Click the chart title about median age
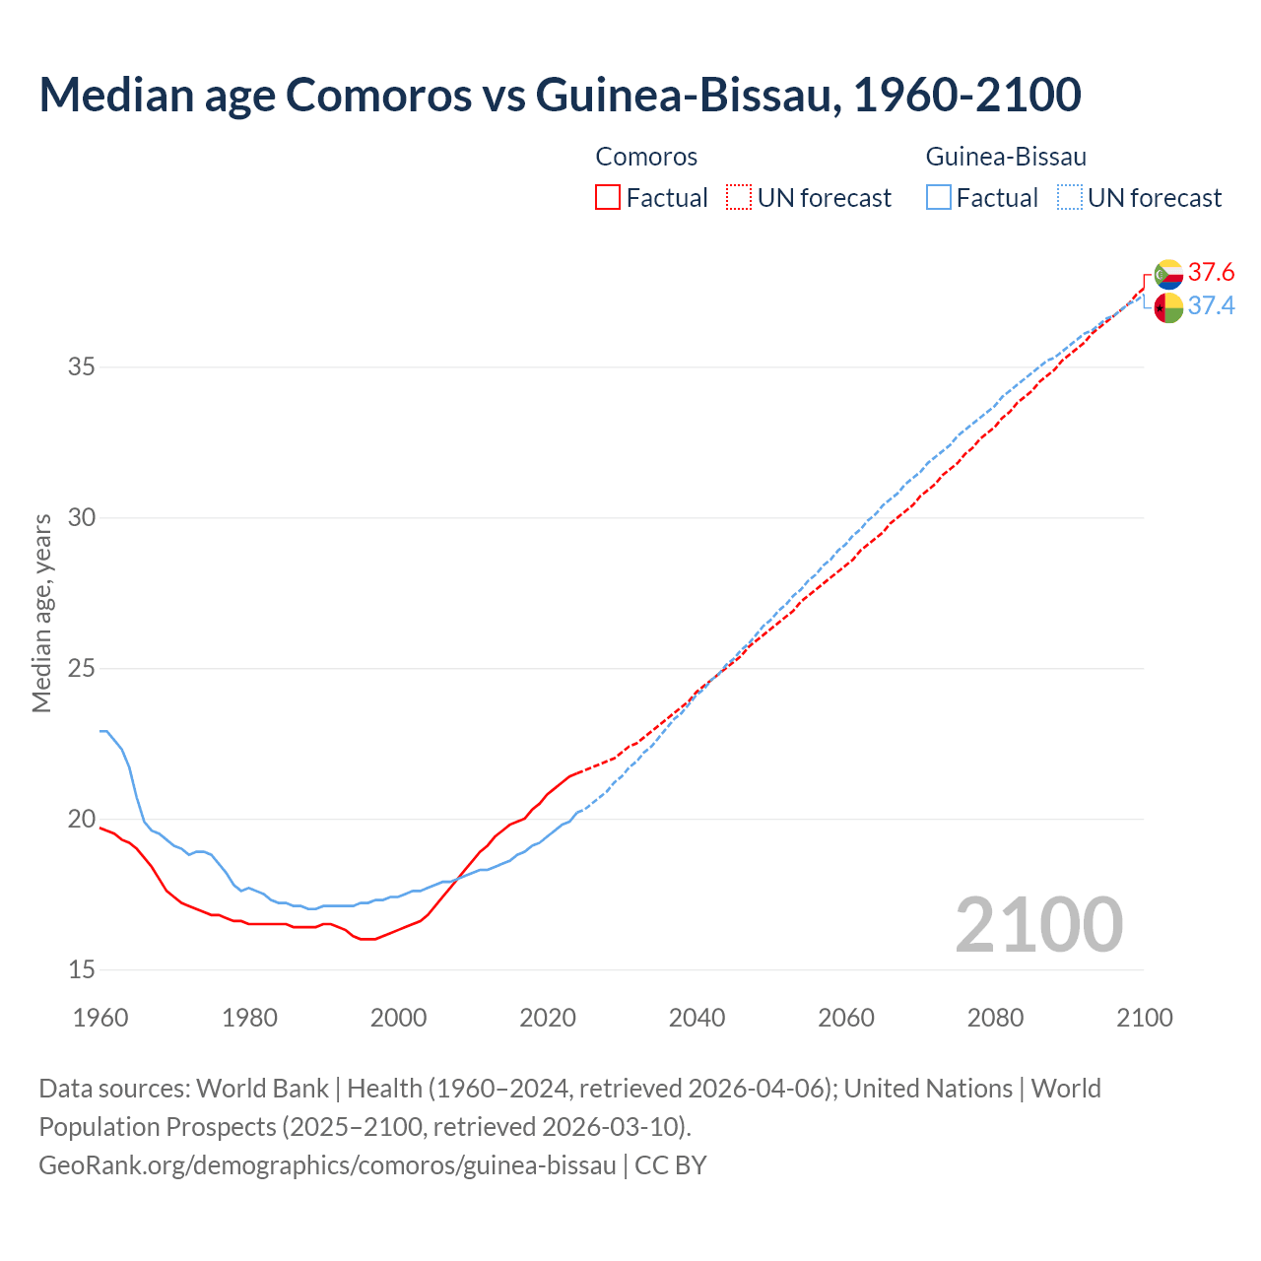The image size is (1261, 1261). (560, 95)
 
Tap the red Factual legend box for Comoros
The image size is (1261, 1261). (608, 198)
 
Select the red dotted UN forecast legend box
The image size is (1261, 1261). (739, 198)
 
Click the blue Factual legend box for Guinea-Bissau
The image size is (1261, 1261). (939, 198)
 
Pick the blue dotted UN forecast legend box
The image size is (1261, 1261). (1069, 198)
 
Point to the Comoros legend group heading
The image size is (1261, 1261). (646, 157)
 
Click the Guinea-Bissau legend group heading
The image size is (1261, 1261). (1006, 157)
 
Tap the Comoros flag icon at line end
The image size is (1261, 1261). (1168, 274)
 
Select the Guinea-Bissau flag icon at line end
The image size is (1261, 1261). (1168, 307)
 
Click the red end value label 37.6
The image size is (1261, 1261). (1211, 272)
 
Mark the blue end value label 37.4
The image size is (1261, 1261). (1211, 306)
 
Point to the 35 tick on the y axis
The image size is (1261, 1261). (82, 367)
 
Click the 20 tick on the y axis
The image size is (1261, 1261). (82, 820)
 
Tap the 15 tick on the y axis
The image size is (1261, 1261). (82, 970)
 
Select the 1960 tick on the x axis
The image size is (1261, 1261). (100, 1018)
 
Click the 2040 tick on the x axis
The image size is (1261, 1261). (697, 1018)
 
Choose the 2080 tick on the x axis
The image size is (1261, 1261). (995, 1018)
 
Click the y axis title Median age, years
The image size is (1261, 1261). (41, 613)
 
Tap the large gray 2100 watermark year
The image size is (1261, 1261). (1038, 924)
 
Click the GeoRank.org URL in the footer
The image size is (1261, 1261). (327, 1165)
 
